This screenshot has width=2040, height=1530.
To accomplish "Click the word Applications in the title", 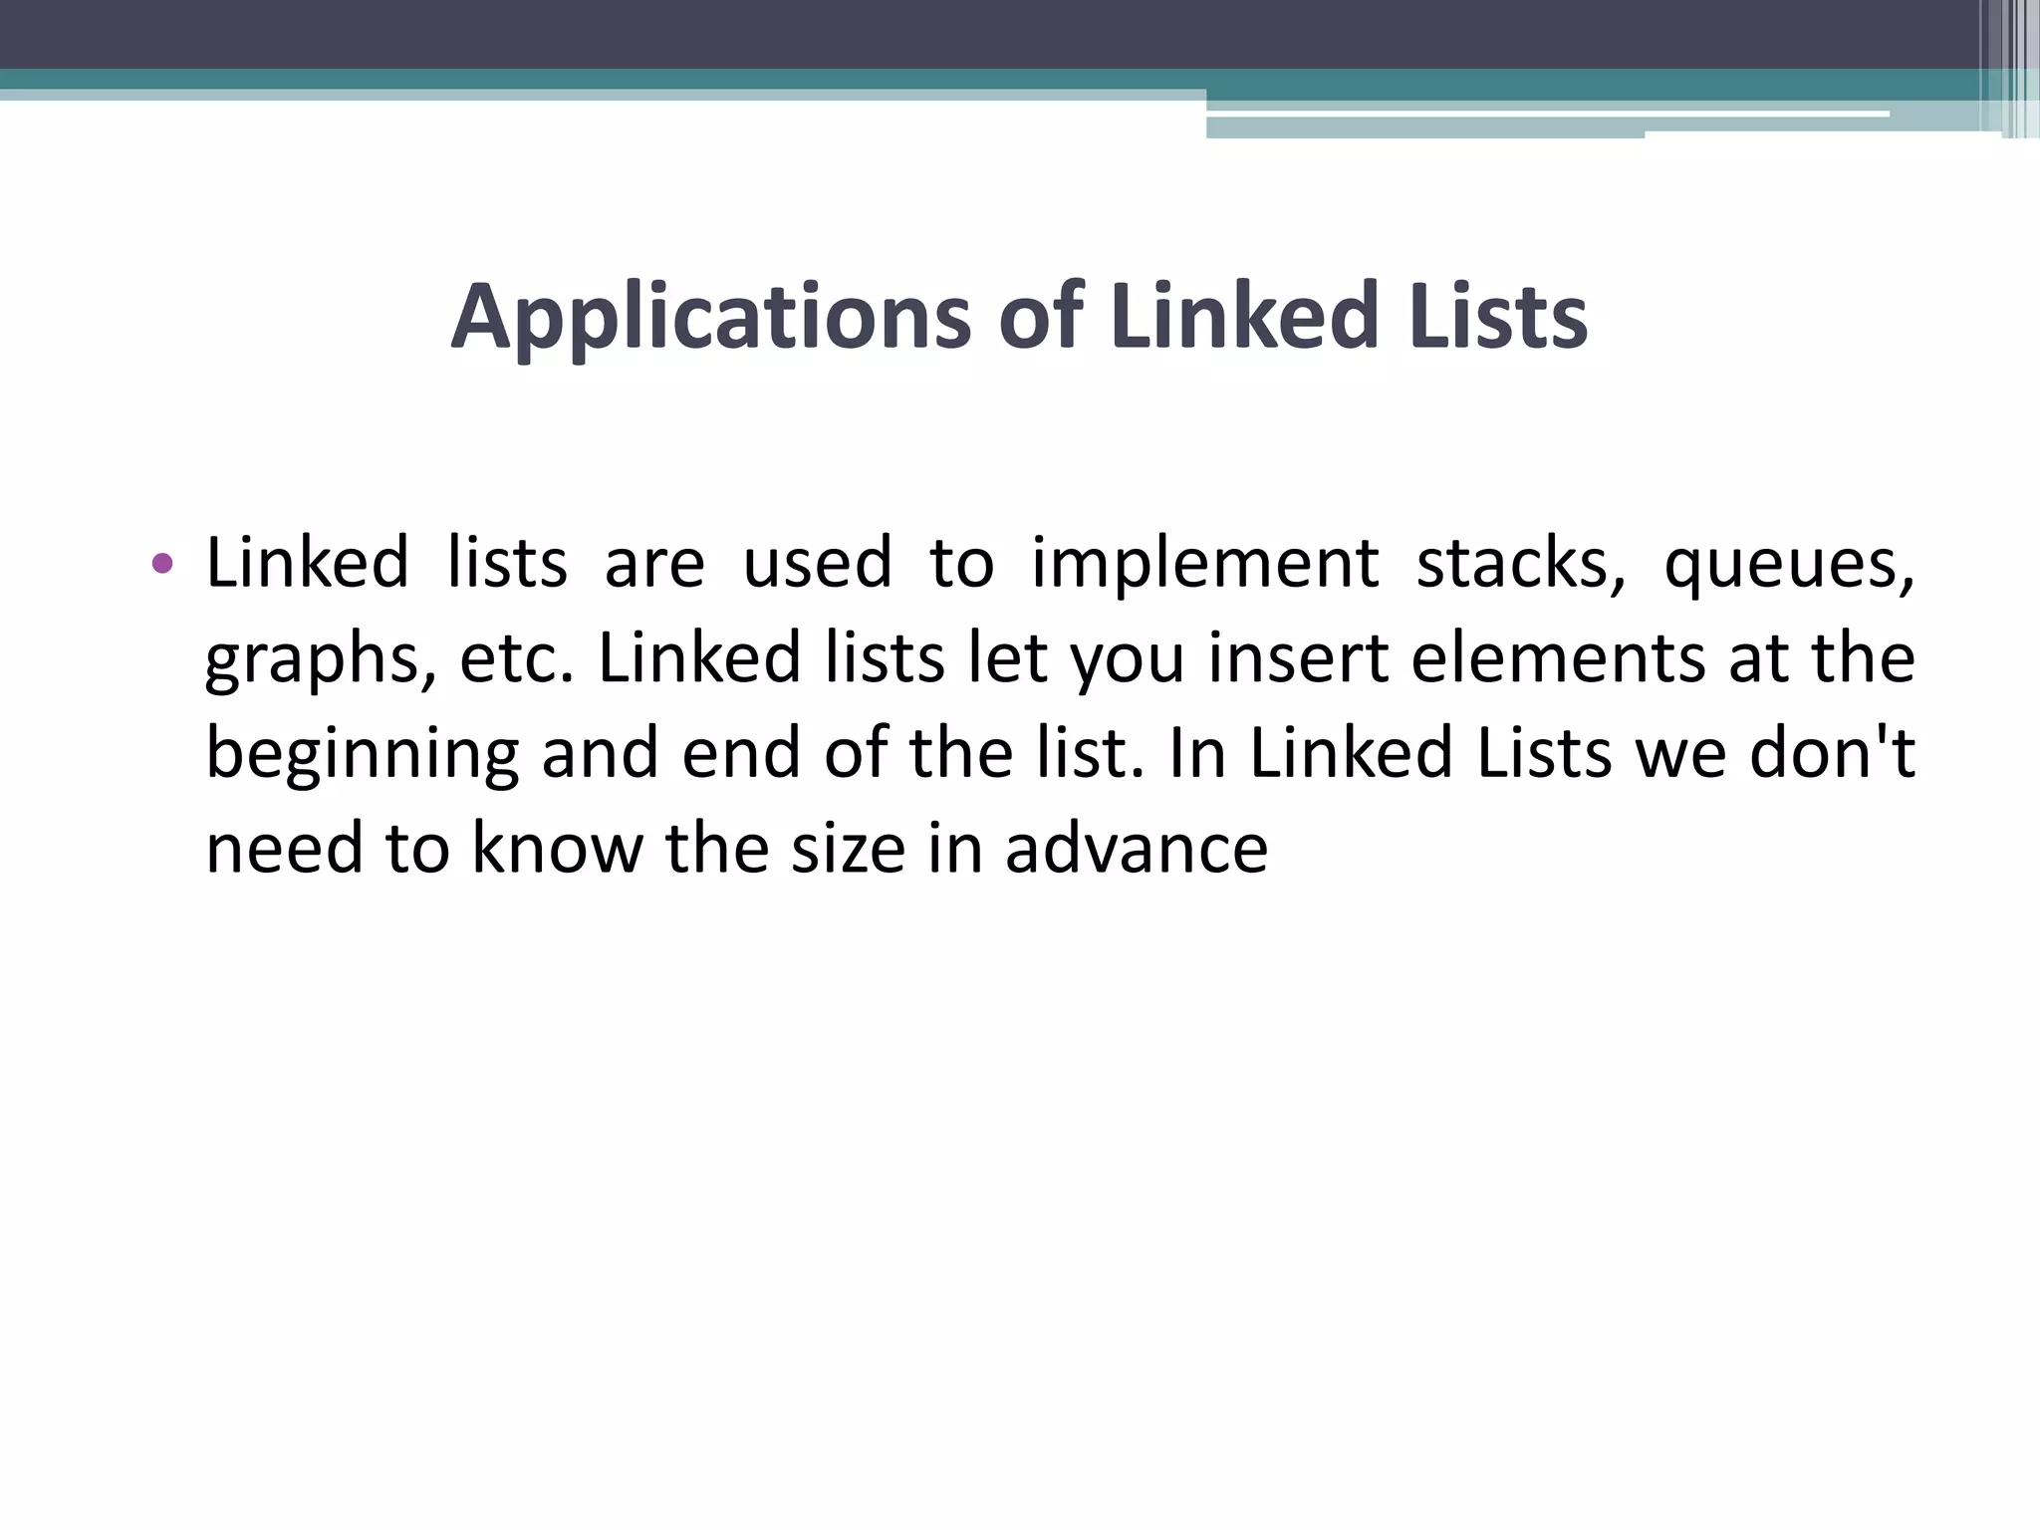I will (710, 318).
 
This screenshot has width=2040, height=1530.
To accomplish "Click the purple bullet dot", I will (162, 565).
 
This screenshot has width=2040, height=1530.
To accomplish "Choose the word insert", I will (1298, 658).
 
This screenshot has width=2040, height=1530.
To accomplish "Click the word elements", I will (1558, 658).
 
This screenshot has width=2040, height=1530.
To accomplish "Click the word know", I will (557, 848).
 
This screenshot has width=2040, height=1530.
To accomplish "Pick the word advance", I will (1136, 848).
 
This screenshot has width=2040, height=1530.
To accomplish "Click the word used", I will (817, 563).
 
